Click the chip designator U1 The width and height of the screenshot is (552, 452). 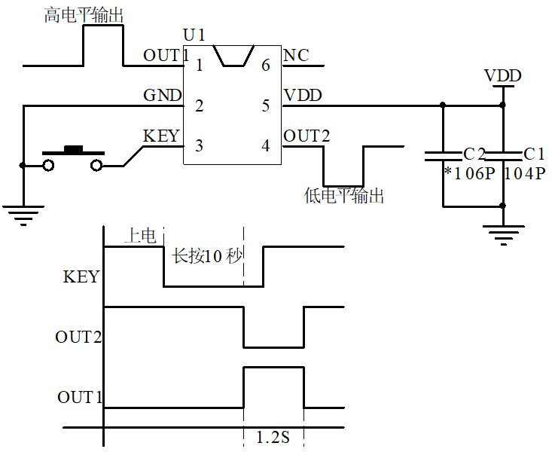click(x=194, y=35)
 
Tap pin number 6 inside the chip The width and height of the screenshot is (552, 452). click(x=265, y=66)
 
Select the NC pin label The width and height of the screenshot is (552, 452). click(x=296, y=56)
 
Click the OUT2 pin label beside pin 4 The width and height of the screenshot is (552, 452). click(x=306, y=136)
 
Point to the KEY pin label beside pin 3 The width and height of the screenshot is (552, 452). click(x=161, y=136)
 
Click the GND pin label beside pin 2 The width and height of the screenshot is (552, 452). click(x=162, y=96)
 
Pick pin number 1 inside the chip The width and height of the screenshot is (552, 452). click(x=199, y=66)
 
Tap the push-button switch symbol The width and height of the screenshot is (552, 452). click(x=73, y=159)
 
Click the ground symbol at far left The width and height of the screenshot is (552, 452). click(x=24, y=214)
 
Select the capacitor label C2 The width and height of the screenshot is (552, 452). click(x=474, y=154)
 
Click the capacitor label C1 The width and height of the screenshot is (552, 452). click(x=534, y=154)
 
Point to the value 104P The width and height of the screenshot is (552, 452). click(x=524, y=174)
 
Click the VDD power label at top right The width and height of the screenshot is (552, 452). click(x=502, y=76)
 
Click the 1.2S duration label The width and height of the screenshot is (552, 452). click(x=273, y=437)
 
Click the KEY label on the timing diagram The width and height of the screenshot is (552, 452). click(x=81, y=276)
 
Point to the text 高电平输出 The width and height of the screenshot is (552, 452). click(x=84, y=16)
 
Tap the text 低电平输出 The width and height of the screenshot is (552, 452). click(x=344, y=197)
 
